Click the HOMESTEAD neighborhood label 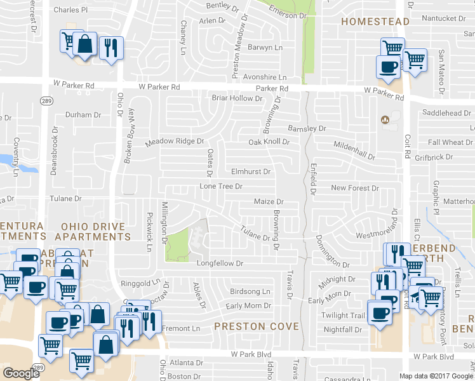pos(375,22)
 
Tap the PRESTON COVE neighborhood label pos(256,326)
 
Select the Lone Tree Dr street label pos(222,187)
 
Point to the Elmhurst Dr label pos(251,171)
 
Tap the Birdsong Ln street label pos(250,291)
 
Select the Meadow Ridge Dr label pos(175,142)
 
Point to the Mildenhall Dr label pos(354,150)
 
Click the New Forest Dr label pos(354,189)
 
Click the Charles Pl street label pos(71,10)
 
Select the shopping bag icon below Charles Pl pos(84,44)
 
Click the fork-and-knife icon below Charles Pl pos(111,48)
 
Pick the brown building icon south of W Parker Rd pos(384,120)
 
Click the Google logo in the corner pos(20,373)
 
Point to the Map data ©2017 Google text pos(436,376)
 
